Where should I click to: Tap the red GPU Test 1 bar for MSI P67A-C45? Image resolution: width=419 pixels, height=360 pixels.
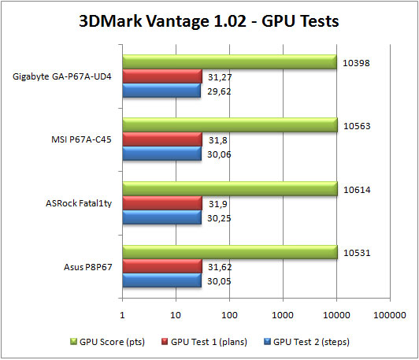(162, 139)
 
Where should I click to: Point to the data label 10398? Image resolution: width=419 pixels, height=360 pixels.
(358, 61)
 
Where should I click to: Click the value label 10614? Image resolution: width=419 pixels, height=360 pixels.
(358, 189)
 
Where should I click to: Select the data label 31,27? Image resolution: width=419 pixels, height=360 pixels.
(220, 76)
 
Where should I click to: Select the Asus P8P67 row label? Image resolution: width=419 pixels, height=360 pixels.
(89, 268)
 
